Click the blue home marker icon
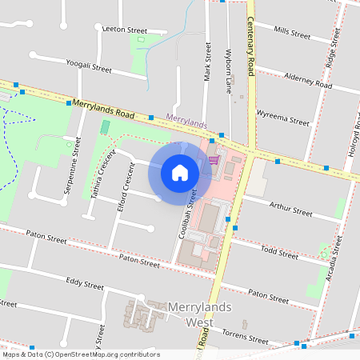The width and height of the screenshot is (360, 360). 180,173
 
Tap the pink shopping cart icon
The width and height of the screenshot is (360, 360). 214,160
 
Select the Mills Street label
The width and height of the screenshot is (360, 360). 291,33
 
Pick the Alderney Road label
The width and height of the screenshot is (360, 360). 307,78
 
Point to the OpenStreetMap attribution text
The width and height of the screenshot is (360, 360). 81,354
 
